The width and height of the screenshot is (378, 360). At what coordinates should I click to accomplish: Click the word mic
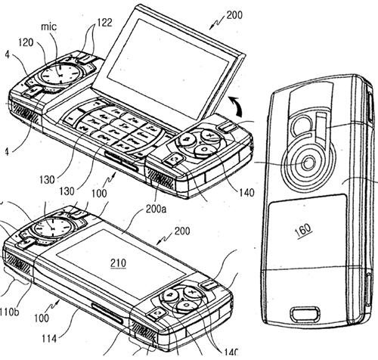tap(49, 26)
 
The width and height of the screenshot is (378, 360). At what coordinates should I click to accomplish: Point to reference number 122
tap(104, 23)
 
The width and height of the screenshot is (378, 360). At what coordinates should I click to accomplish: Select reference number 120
tap(26, 43)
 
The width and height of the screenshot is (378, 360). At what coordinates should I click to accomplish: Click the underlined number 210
tap(118, 263)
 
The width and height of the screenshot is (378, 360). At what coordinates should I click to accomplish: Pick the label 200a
tap(156, 209)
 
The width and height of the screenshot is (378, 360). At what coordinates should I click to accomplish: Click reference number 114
tap(49, 339)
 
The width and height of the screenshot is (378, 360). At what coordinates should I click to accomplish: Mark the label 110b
tap(9, 312)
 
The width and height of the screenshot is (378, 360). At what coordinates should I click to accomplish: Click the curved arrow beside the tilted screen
tap(236, 106)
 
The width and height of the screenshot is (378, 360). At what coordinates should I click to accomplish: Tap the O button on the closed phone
tap(186, 306)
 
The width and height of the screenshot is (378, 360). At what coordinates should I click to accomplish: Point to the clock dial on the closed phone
tap(52, 228)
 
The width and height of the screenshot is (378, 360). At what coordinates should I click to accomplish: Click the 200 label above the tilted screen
tap(234, 15)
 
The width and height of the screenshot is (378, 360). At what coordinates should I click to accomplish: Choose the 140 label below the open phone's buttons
tap(246, 193)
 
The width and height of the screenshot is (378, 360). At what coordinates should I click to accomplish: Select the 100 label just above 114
tap(42, 318)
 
